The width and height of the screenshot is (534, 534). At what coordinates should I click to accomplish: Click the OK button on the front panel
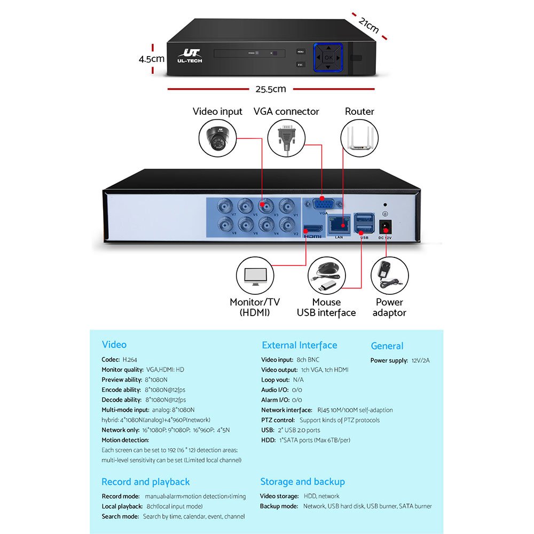click(329, 58)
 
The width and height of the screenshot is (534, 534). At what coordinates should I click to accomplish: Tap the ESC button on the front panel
click(300, 65)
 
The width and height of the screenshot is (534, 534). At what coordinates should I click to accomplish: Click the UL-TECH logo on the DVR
click(190, 56)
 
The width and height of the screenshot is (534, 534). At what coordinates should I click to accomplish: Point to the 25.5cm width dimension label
click(270, 89)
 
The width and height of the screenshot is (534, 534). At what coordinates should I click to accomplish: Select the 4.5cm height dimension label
click(151, 59)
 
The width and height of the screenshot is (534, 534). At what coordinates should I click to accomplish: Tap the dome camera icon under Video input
click(217, 138)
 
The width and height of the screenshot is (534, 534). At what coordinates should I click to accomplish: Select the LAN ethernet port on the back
click(339, 226)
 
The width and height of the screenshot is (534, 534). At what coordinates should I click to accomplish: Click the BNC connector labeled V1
click(289, 205)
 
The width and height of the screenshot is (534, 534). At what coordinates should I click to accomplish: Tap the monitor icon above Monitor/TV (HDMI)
click(255, 276)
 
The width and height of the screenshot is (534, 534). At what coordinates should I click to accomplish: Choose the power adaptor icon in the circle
click(389, 276)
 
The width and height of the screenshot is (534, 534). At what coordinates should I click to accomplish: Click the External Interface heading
click(299, 345)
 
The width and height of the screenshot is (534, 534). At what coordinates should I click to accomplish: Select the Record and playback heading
click(146, 482)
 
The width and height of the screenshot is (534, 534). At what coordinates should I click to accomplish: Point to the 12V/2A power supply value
click(421, 360)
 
